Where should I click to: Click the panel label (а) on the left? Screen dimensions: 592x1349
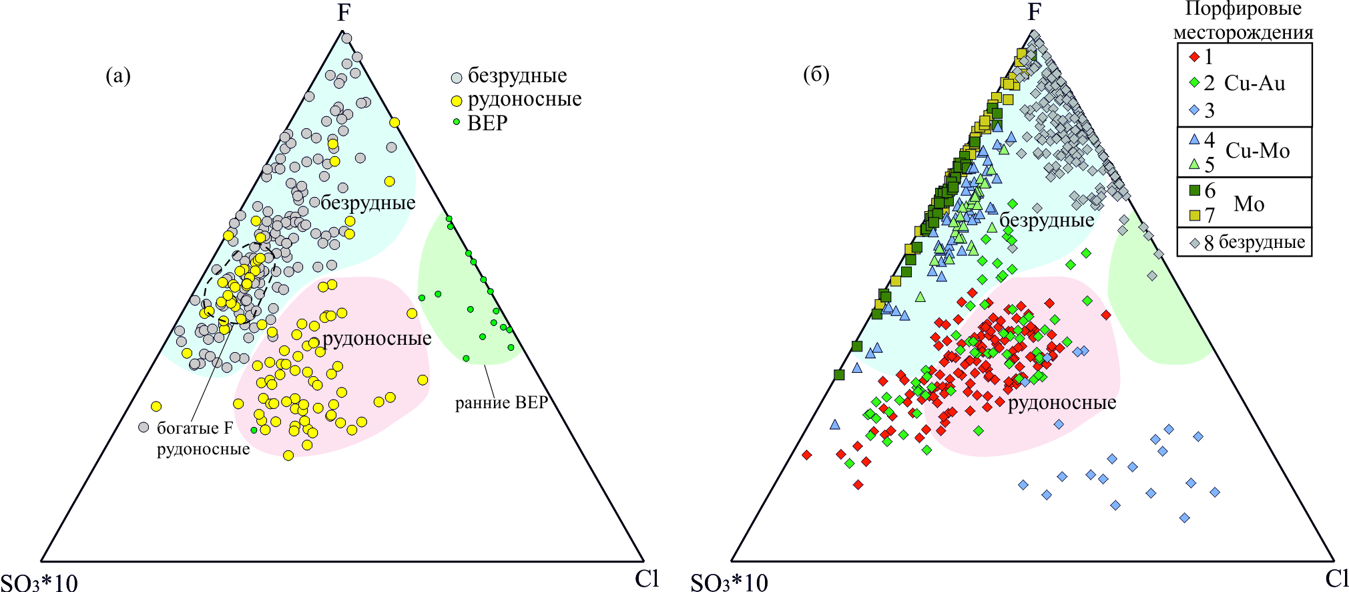point(118,76)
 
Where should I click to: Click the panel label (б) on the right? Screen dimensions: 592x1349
point(816,74)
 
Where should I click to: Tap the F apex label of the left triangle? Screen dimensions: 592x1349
point(344,13)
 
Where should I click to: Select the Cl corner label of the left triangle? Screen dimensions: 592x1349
point(647,578)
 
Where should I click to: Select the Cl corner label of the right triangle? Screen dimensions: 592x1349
point(1337,578)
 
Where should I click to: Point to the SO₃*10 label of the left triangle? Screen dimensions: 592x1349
point(39,583)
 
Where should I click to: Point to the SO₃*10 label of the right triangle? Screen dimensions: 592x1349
point(729,583)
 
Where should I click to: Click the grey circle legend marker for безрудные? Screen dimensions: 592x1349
point(457,78)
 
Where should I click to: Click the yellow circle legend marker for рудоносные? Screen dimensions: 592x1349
point(457,101)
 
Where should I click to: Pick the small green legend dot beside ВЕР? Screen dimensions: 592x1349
point(457,122)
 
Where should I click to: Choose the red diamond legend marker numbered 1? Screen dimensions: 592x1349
point(1195,57)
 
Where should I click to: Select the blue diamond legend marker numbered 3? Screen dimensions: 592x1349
point(1195,110)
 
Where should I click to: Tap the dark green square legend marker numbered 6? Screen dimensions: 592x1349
point(1195,190)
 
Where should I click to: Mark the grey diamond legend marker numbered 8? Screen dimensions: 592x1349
point(1195,243)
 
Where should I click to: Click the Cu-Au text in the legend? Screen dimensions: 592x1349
point(1254,84)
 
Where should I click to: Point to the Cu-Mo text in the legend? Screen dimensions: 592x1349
point(1258,151)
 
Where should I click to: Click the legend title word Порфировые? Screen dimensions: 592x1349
point(1243,9)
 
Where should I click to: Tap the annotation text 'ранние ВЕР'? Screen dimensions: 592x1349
point(501,403)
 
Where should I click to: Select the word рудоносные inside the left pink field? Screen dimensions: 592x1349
point(377,339)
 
